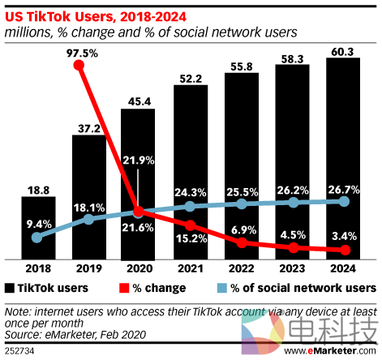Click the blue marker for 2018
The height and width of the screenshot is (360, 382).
[x=36, y=238]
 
